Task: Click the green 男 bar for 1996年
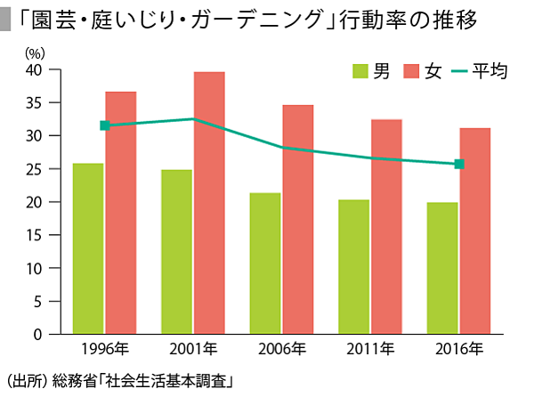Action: tap(88, 248)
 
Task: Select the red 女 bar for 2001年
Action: tap(209, 203)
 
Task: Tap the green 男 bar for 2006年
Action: tap(265, 263)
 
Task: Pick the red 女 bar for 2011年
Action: tap(386, 226)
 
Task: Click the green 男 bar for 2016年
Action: tap(442, 268)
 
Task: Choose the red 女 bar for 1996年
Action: tap(120, 213)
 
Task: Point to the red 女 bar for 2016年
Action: tap(474, 231)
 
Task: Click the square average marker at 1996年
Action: tap(104, 126)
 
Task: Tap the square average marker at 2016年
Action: tap(459, 164)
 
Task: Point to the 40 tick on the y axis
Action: tap(36, 69)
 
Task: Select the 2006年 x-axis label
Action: tap(281, 348)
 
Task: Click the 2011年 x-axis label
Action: tap(370, 348)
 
